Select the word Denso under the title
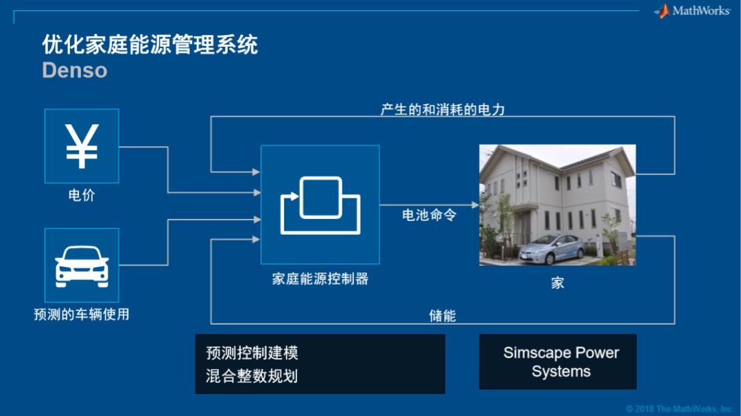coord(74,70)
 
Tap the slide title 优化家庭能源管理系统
coord(150,45)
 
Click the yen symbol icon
coord(82,146)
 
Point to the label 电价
coord(82,196)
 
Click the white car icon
coord(82,266)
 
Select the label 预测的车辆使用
coord(82,315)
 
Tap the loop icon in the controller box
coord(320,204)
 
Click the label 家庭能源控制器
coord(320,279)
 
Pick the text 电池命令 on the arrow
coord(429,216)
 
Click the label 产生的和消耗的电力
coord(443,109)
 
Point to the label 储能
coord(443,316)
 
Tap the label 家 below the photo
coord(557,282)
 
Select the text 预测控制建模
coord(252,354)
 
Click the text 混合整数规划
coord(252,375)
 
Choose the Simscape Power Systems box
coord(561,362)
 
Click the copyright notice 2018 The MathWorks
coord(679,409)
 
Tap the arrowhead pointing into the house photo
coord(475,205)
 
